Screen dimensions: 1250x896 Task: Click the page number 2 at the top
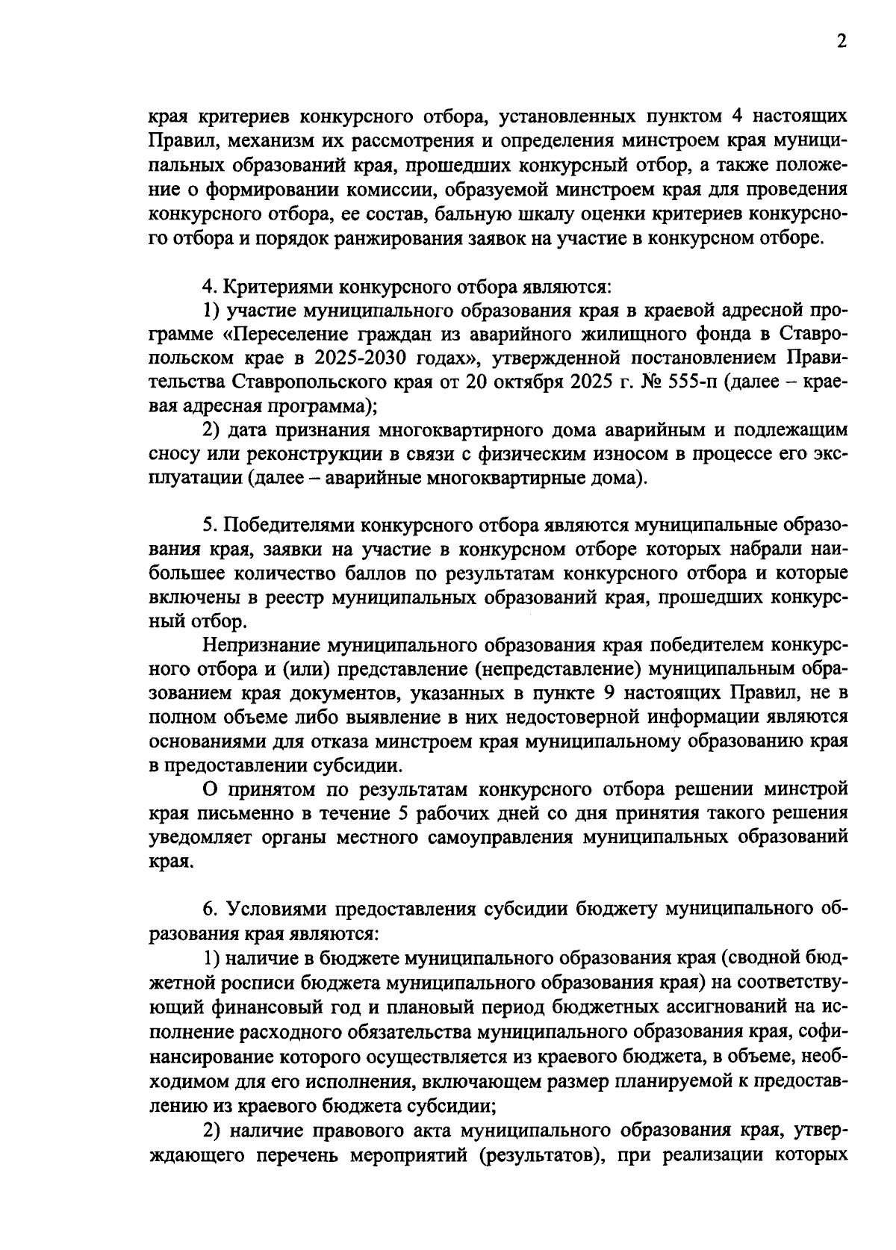pyautogui.click(x=841, y=43)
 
